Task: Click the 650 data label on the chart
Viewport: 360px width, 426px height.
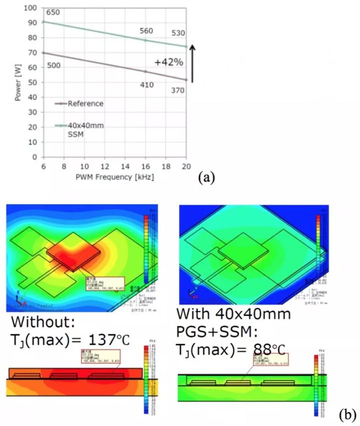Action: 53,12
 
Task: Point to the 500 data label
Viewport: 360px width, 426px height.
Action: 53,66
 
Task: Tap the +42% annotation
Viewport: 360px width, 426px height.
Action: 168,64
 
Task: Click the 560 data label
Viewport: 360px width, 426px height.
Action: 146,31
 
